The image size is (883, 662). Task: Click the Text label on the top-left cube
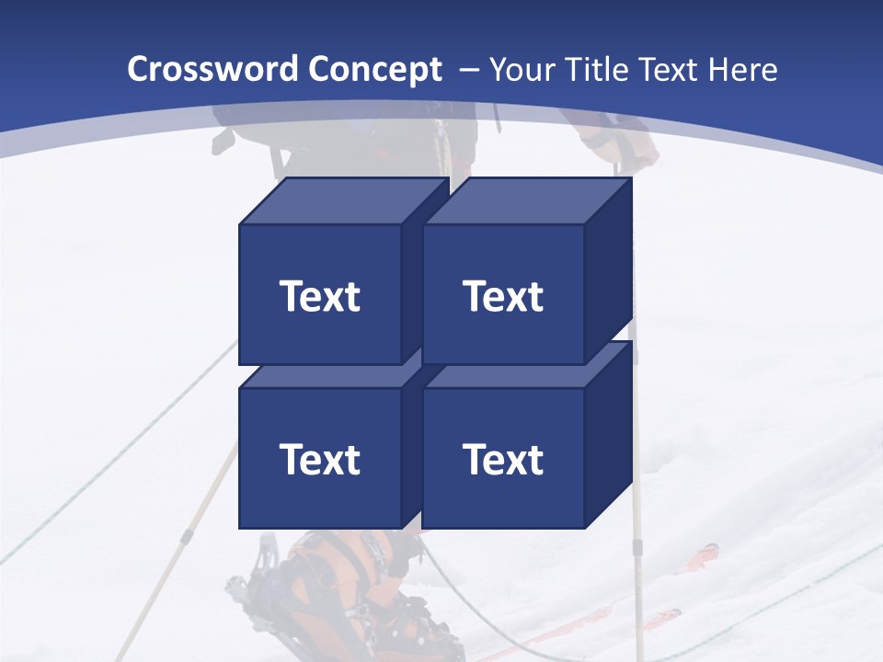coord(320,296)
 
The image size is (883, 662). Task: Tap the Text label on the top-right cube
coord(503,296)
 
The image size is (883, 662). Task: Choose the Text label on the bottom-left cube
coord(320,459)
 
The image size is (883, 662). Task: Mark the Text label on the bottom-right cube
coord(503,459)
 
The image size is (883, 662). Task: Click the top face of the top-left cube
coord(342,201)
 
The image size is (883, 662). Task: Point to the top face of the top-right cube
coord(526,201)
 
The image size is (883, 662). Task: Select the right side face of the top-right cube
coord(609,271)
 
